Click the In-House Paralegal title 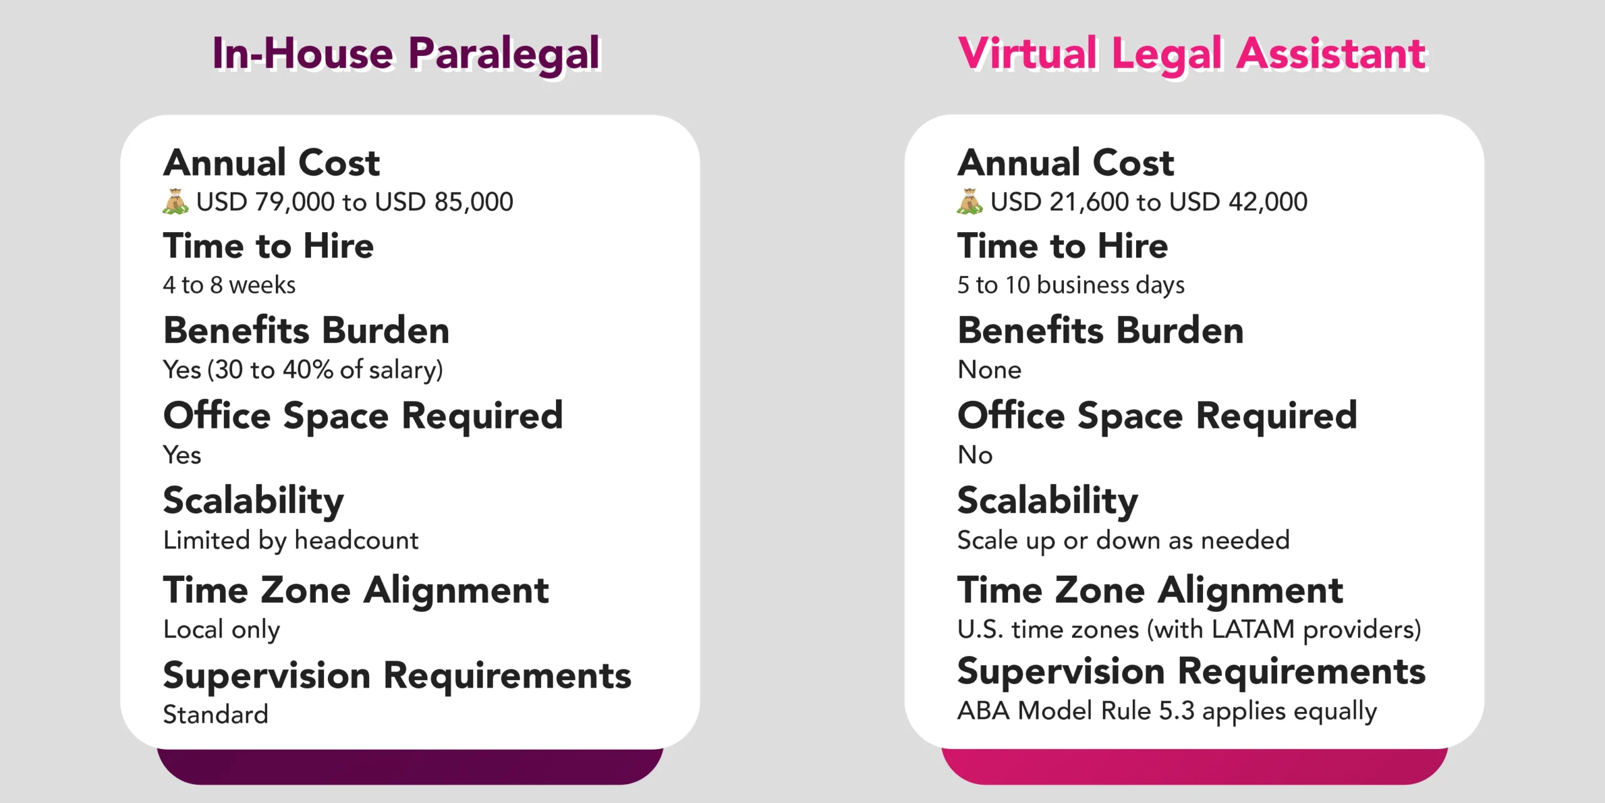tap(406, 54)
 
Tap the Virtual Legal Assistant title tap(1192, 54)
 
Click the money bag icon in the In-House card tap(176, 201)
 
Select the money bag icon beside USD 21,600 tap(970, 201)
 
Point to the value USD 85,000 tap(444, 202)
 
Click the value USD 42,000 tap(1238, 202)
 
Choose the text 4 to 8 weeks tap(229, 285)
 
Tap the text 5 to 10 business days tap(1071, 285)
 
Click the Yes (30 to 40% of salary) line tap(303, 370)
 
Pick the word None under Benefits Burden tap(989, 370)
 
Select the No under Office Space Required tap(975, 454)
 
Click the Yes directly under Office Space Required tap(182, 454)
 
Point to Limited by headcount tap(291, 540)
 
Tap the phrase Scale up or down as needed tap(1123, 540)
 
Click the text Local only tap(221, 629)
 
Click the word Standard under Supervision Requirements tap(216, 714)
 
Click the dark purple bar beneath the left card tap(410, 767)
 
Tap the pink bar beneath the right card tap(1194, 767)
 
